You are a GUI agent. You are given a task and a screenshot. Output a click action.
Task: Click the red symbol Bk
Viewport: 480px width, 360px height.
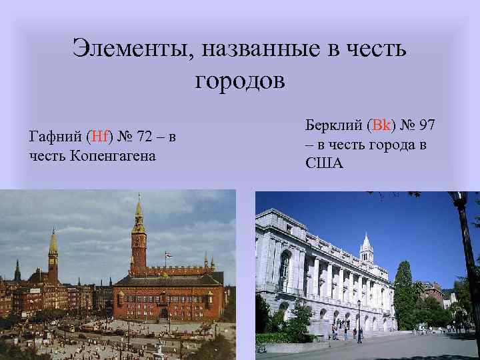[383, 125]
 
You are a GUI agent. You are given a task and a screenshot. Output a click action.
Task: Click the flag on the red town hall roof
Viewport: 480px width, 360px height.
[168, 255]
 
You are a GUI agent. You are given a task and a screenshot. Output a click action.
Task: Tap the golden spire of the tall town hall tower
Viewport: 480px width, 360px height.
[138, 212]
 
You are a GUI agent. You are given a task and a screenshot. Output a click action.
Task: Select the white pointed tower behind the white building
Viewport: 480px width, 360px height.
[365, 248]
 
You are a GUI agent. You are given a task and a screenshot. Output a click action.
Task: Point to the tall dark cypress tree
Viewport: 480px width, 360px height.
[403, 293]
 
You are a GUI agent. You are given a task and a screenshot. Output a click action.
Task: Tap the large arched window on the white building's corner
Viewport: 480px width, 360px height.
[285, 270]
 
